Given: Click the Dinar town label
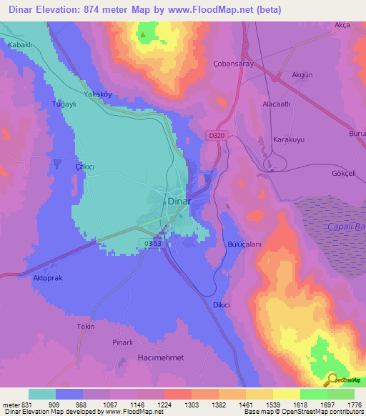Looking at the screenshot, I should (x=179, y=201).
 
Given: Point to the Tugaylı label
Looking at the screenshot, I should (x=64, y=104).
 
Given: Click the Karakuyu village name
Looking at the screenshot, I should (x=290, y=139).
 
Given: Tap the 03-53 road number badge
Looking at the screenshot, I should (x=152, y=244).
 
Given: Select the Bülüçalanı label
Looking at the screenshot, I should (x=245, y=244).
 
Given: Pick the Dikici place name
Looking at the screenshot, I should (x=221, y=304).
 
